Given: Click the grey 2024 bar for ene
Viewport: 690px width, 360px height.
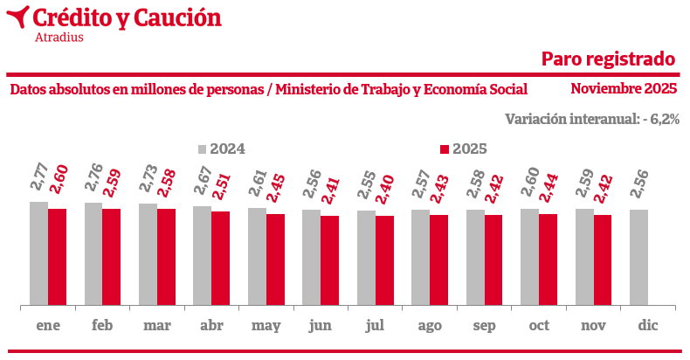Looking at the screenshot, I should click(38, 253).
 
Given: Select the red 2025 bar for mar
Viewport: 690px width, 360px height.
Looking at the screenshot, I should click(166, 257).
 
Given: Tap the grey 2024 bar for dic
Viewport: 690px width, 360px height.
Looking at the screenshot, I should click(638, 257).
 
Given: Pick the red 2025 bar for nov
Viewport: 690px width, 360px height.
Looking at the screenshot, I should click(603, 260).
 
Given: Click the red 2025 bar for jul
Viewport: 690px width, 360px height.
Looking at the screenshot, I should click(384, 260).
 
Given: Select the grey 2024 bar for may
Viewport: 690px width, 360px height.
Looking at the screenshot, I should click(257, 256).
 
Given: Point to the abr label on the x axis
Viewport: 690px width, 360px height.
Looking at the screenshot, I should click(211, 325).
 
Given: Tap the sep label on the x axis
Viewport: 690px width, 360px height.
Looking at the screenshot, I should click(484, 325).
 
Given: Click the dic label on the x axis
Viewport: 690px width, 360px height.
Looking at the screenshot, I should click(647, 325).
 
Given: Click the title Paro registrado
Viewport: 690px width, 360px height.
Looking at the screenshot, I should click(609, 59).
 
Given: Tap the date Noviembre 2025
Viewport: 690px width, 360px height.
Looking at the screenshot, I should click(624, 88).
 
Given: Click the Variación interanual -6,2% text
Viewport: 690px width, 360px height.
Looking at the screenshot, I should click(592, 119).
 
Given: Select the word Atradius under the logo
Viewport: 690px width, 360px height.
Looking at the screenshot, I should click(59, 37).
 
